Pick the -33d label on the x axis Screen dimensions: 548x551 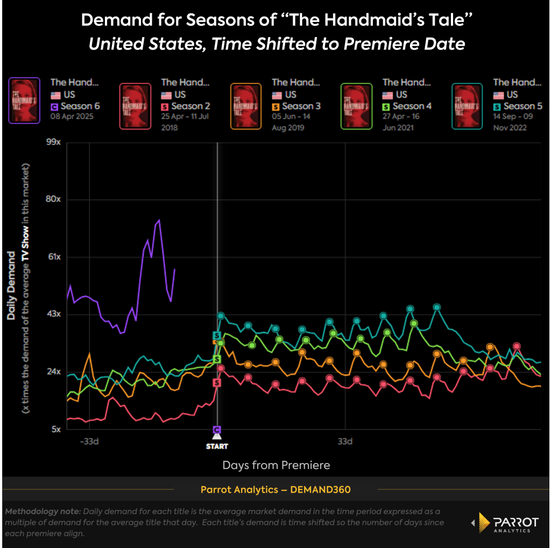(x=89, y=442)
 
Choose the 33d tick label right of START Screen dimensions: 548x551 (x=345, y=442)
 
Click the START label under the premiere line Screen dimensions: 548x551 (x=217, y=446)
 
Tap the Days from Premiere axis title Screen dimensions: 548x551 (x=276, y=465)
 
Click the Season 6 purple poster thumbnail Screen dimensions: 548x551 (x=24, y=101)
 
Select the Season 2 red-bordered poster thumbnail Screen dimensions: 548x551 (x=135, y=106)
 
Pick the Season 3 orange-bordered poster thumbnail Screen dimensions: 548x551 (x=246, y=106)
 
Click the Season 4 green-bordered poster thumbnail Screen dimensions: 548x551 (x=356, y=106)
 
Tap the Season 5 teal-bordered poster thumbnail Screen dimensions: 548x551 (x=467, y=106)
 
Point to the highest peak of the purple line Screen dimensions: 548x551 (x=159, y=220)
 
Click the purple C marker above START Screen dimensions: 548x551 (x=217, y=430)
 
